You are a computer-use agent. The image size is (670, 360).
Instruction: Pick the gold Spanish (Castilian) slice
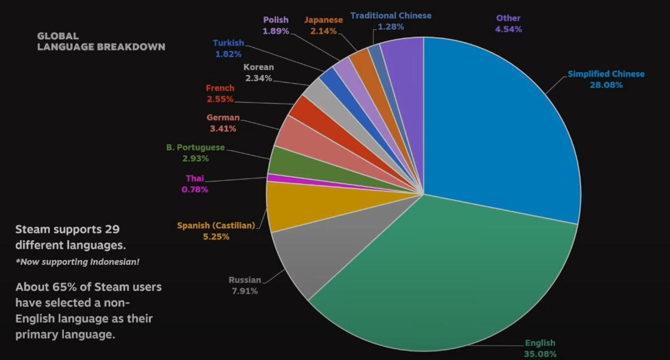[x=293, y=209]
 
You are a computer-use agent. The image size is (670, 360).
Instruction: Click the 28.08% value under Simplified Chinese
[x=606, y=85]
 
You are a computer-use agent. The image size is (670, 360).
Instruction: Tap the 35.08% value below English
[x=540, y=354]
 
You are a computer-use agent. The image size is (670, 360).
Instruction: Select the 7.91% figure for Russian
[x=245, y=291]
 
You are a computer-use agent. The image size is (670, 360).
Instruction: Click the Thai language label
[x=195, y=178]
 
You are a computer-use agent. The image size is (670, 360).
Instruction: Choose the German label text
[x=223, y=118]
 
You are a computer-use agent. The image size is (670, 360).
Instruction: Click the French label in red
[x=220, y=88]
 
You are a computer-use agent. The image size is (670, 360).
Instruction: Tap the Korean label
[x=259, y=67]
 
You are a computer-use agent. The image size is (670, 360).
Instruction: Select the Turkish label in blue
[x=228, y=43]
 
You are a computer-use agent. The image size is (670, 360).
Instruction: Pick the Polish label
[x=276, y=20]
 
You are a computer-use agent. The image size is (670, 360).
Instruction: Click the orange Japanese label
[x=323, y=20]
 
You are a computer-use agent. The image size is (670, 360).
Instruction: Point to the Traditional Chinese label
[x=391, y=16]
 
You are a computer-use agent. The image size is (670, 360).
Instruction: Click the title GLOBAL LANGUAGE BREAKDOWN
[x=101, y=41]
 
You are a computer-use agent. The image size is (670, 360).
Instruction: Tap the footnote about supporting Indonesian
[x=77, y=262]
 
